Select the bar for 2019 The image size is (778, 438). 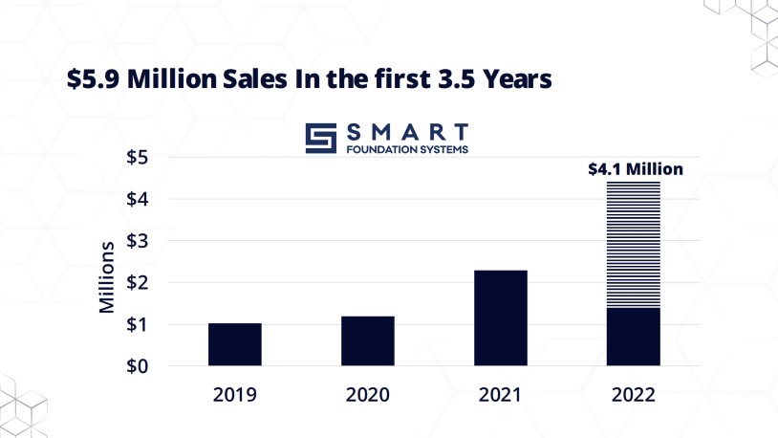pos(235,344)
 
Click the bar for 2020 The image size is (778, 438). pos(368,340)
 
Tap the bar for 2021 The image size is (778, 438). pos(501,318)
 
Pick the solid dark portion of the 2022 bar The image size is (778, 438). pos(634,337)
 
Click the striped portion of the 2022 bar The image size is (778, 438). pos(634,244)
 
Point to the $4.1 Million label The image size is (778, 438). pos(635,169)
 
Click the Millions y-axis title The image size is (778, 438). pos(108,277)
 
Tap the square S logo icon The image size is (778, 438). pos(322,138)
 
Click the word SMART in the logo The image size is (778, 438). pos(405,130)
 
